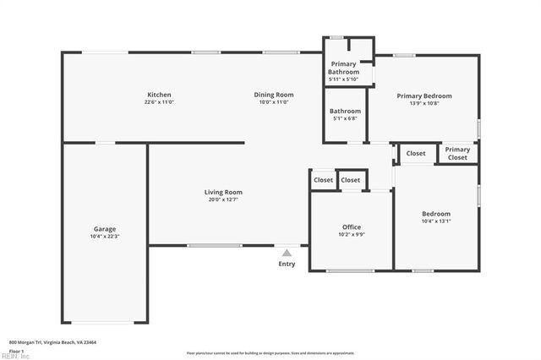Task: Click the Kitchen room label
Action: coord(159,95)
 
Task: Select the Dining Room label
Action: coord(273,95)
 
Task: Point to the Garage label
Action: coord(105,229)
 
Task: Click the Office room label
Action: coord(351,227)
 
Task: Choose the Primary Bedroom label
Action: coord(424,96)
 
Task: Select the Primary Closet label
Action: coord(457,153)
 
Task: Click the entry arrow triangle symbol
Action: coord(287,252)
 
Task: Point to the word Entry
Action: coord(287,265)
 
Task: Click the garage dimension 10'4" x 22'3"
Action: coord(105,237)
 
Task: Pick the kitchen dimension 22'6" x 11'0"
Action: coord(159,102)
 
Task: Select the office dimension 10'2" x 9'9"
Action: coord(351,235)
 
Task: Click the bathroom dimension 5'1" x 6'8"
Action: coord(344,118)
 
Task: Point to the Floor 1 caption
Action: coord(16,350)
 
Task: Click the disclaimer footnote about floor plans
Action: coord(270,352)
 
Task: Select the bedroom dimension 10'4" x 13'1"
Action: coord(436,221)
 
